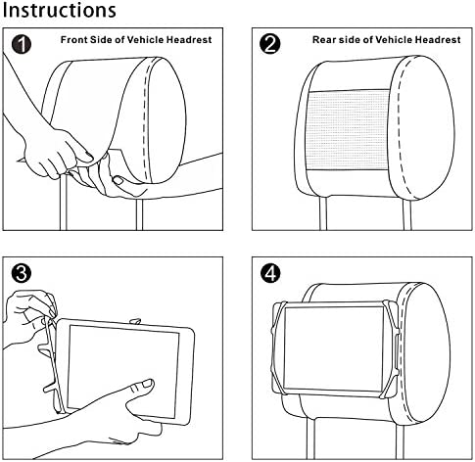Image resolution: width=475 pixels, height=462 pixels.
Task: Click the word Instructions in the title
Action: (59, 11)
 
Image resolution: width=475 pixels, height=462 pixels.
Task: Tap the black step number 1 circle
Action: (22, 44)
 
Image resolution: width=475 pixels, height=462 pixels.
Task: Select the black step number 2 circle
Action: (270, 44)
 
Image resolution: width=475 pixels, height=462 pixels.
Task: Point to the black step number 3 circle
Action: (22, 273)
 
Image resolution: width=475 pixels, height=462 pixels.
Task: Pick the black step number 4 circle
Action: (270, 273)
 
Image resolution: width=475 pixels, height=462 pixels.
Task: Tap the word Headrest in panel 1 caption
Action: (189, 40)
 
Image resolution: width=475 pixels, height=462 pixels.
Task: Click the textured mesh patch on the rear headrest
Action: (348, 130)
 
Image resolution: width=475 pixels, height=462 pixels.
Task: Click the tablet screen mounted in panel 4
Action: (334, 348)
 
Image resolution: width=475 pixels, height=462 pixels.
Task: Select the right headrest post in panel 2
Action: (406, 213)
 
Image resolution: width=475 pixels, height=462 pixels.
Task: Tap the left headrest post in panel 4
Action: (310, 439)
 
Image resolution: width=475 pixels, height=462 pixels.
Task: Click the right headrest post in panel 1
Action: (139, 214)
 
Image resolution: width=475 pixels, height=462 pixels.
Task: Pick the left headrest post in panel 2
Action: (323, 213)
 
